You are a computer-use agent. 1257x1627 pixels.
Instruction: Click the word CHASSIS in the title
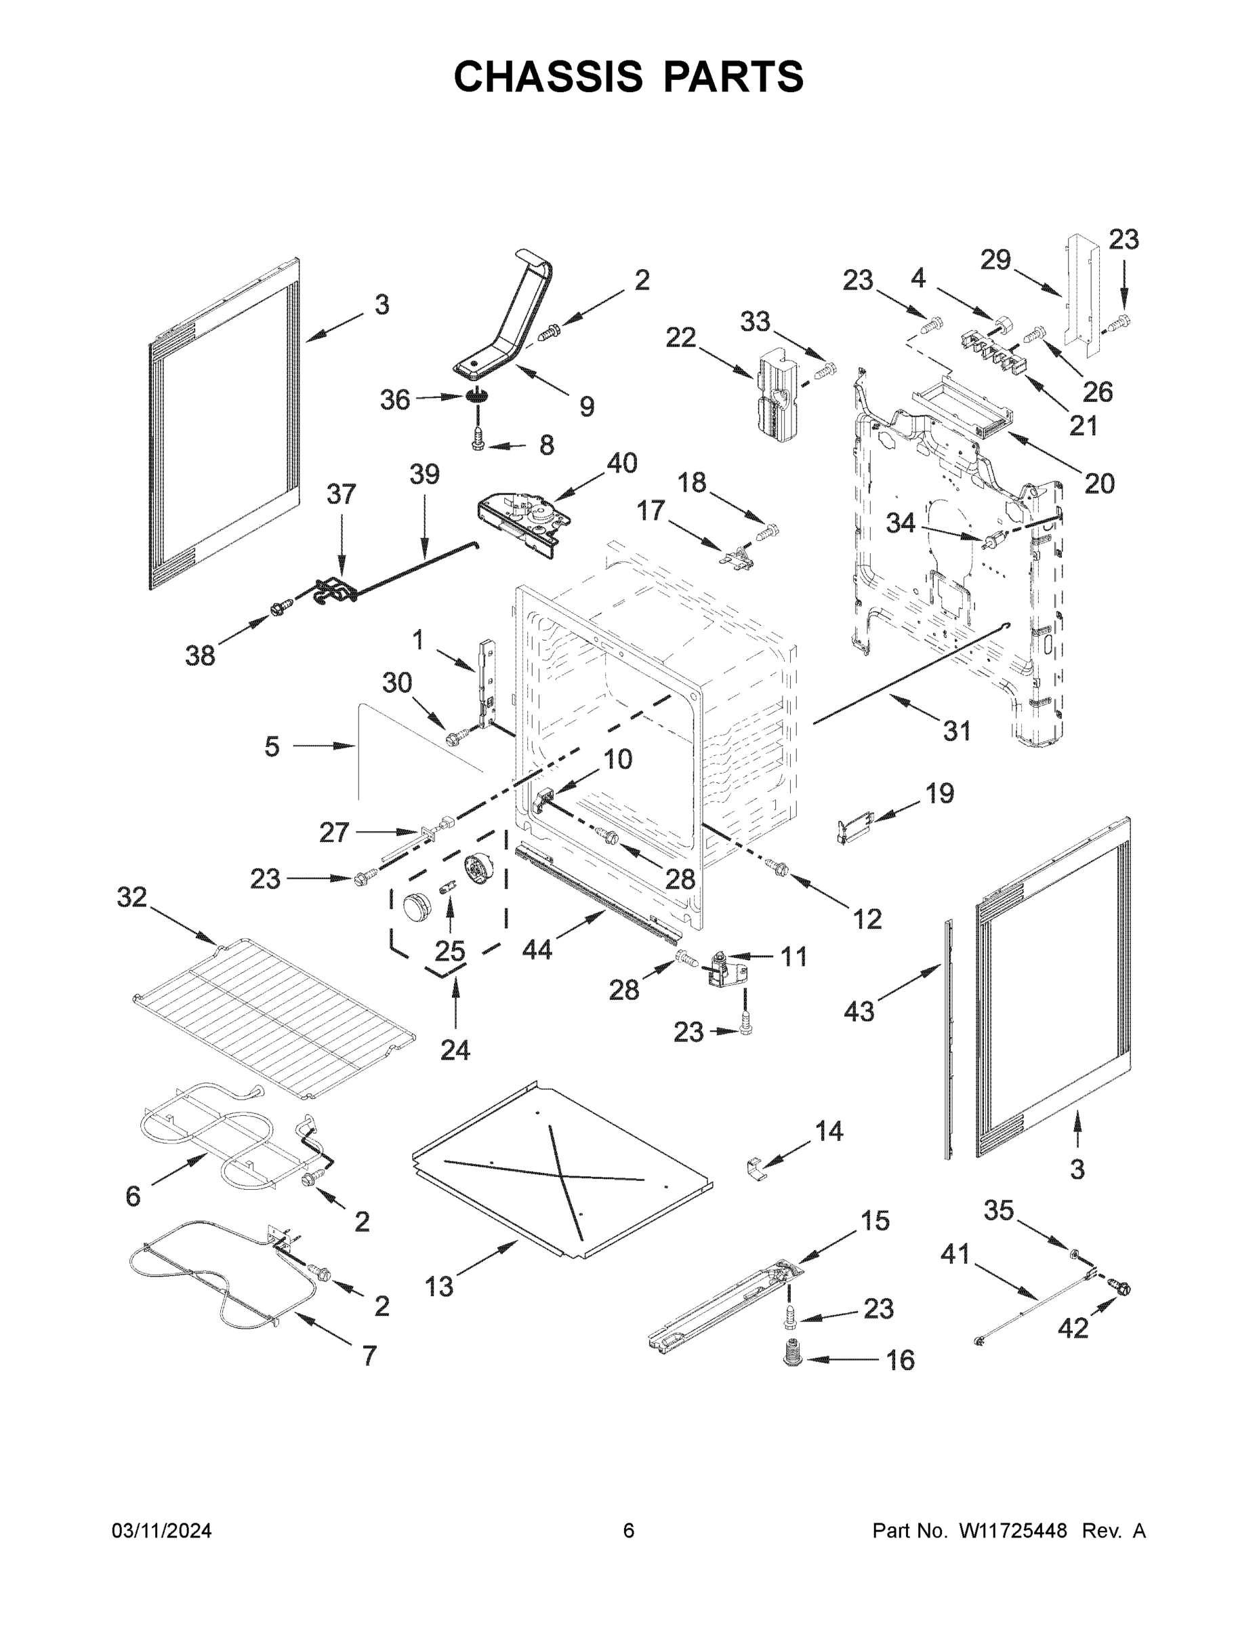548,76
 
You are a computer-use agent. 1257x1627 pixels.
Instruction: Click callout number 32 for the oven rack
132,898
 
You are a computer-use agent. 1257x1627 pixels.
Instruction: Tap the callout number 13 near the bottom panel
438,1287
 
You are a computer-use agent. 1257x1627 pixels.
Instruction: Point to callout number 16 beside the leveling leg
901,1361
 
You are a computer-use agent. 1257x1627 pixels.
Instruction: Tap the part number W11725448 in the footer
1013,1531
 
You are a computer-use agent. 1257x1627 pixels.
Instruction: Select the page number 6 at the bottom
629,1531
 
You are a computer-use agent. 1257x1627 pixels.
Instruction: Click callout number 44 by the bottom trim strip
537,949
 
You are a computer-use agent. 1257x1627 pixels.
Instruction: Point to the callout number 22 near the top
680,338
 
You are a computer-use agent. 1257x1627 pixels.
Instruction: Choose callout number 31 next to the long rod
957,731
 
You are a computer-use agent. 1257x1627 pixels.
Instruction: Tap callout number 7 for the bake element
369,1355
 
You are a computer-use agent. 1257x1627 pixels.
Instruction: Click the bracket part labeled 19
851,828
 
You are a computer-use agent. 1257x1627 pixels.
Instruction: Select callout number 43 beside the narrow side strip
859,1011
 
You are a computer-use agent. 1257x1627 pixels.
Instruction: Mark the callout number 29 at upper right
995,260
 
